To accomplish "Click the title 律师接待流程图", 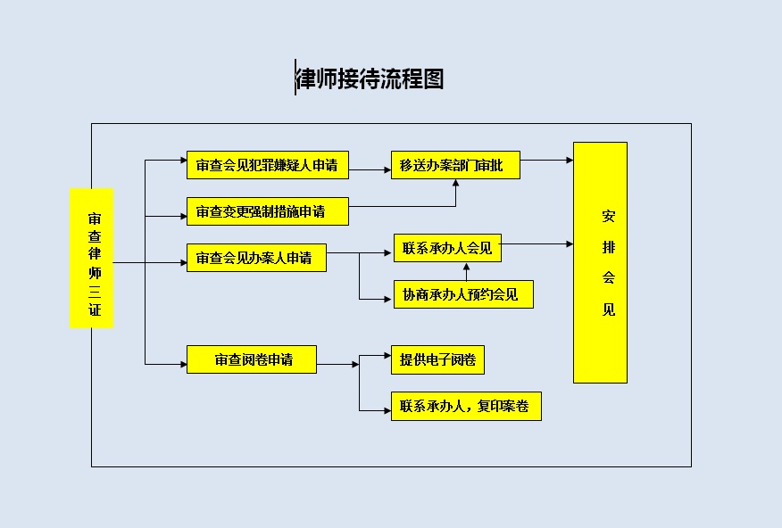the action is click(370, 78).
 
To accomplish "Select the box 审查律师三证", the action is click(92, 258).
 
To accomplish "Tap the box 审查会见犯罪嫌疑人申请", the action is click(267, 165).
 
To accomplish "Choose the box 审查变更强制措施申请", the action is click(267, 211).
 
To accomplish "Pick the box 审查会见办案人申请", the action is click(256, 258).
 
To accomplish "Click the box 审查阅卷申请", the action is click(252, 359).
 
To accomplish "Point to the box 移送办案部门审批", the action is click(455, 165).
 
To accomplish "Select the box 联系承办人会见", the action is click(447, 248).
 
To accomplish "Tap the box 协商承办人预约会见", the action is click(463, 294).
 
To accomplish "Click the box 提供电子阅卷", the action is click(437, 359).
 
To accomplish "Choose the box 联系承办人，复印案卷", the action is click(466, 406).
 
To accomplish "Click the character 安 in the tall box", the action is click(609, 216).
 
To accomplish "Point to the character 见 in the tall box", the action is click(609, 309).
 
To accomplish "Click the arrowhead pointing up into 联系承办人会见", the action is click(466, 267).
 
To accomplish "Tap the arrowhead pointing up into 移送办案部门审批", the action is click(455, 183).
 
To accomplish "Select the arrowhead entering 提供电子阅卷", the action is click(387, 355).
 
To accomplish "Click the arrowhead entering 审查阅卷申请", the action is click(183, 364).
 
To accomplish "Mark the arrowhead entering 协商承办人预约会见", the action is click(387, 300).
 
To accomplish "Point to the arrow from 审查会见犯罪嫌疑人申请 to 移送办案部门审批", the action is click(370, 169).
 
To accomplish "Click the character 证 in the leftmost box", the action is click(95, 309).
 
